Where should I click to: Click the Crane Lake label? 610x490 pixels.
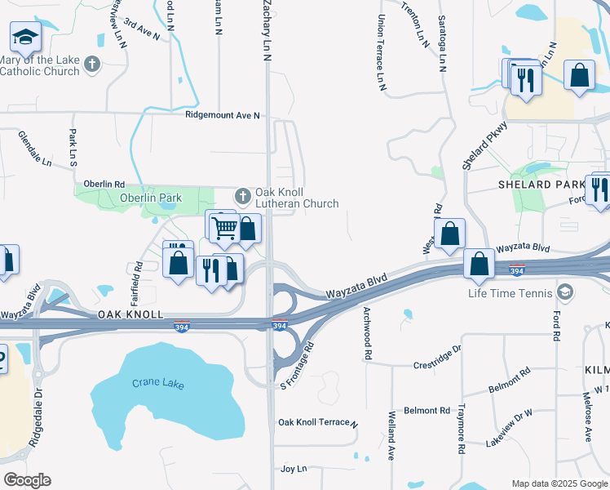pos(157,384)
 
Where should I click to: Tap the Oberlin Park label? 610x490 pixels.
pos(151,198)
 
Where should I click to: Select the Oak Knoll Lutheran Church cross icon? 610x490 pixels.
pos(242,196)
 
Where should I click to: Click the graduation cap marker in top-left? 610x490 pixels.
pos(25,37)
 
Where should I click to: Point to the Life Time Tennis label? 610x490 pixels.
pos(511,293)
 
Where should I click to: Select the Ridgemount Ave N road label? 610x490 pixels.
pos(222,115)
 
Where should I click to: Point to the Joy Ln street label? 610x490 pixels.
pos(293,469)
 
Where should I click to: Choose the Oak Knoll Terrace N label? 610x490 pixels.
pos(318,423)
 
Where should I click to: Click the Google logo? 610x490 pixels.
pos(26,480)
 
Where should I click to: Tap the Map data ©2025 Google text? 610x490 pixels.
pos(559,483)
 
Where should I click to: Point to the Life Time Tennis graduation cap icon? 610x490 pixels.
pos(566,292)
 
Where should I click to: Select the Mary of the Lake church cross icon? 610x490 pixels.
pos(92,64)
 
